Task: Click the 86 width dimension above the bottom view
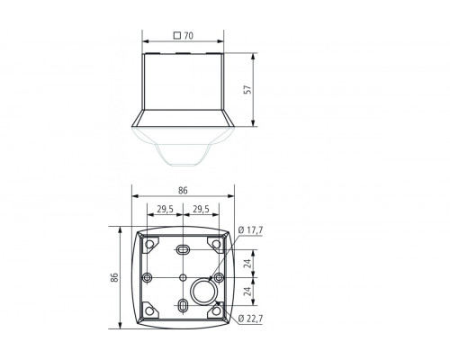tap(183, 191)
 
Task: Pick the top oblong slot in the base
tap(183, 247)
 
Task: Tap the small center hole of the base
tap(183, 276)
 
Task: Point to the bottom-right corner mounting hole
tap(217, 311)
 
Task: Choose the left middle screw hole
tap(146, 276)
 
